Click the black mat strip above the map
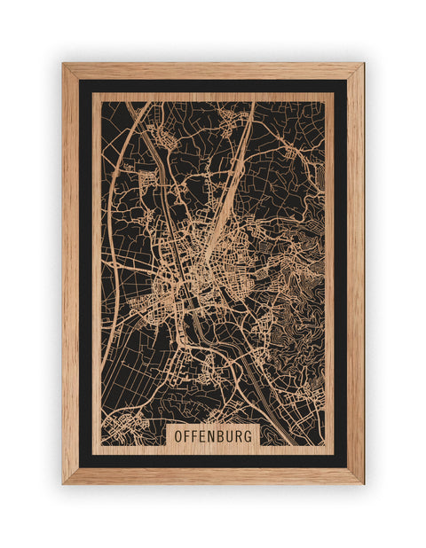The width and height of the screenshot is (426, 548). [213, 86]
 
